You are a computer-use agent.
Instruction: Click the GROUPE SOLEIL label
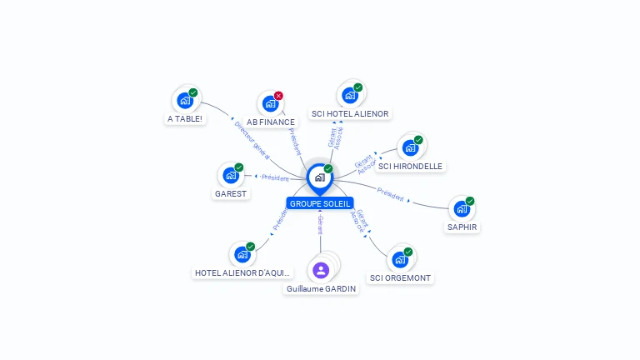[320, 203]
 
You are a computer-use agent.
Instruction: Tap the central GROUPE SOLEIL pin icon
[319, 177]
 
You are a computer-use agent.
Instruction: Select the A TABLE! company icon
[185, 100]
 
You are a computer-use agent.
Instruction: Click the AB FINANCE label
[271, 122]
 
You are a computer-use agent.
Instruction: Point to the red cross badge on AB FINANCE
[278, 96]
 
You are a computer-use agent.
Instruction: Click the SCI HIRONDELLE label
[410, 166]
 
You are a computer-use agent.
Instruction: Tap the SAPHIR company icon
[462, 208]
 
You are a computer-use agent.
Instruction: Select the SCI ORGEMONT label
[402, 277]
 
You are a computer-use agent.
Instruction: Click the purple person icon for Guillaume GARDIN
[321, 270]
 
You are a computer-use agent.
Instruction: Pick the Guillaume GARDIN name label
[321, 288]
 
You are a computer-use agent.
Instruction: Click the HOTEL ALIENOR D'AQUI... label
[243, 272]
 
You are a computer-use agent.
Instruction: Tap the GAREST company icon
[231, 176]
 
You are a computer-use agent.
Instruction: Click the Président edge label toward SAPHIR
[390, 194]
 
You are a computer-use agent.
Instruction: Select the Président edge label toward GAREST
[274, 177]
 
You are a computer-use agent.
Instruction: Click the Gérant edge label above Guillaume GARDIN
[320, 224]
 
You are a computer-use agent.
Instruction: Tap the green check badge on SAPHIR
[470, 201]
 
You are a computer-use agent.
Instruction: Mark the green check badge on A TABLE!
[193, 92]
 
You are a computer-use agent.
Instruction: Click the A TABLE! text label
[185, 118]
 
